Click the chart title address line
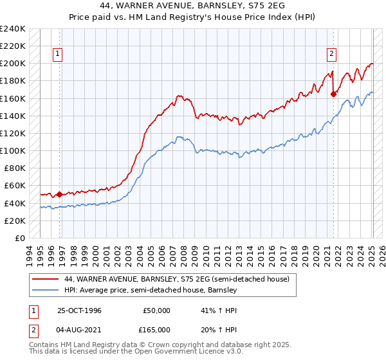[x=193, y=6]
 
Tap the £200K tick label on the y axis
[x=13, y=64]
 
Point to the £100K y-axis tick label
[x=13, y=150]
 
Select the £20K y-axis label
[x=15, y=221]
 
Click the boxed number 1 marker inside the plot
[x=58, y=55]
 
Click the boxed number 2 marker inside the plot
[x=331, y=55]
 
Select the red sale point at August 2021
[x=333, y=94]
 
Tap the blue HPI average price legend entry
[x=151, y=291]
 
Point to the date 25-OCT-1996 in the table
[x=80, y=310]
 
